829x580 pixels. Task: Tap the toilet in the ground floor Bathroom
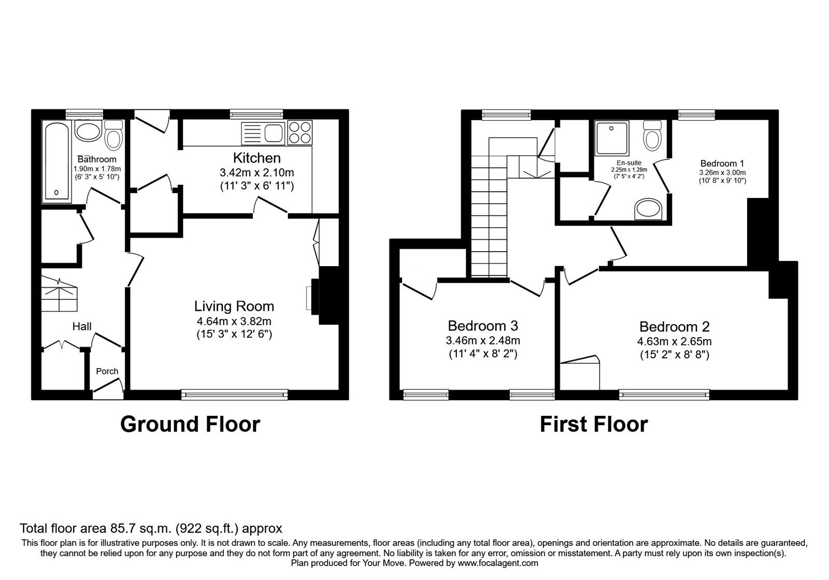point(113,135)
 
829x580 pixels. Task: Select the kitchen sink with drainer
point(263,133)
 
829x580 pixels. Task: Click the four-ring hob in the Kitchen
point(300,133)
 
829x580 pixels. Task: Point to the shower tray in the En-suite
point(612,138)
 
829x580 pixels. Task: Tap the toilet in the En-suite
point(652,135)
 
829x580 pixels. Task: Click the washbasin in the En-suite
point(648,209)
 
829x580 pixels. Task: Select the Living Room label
point(234,306)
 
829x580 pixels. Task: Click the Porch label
point(107,371)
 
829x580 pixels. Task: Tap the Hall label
point(82,326)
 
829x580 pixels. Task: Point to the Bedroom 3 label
point(483,326)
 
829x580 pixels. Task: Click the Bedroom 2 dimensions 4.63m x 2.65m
point(674,341)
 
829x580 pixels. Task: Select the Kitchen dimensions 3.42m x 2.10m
point(257,172)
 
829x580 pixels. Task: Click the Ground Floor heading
point(190,424)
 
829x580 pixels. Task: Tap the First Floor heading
point(594,424)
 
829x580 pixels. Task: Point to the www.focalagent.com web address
point(498,563)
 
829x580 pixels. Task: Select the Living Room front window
point(235,395)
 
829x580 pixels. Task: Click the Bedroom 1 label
point(722,163)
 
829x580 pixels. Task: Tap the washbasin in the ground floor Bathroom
point(88,130)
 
